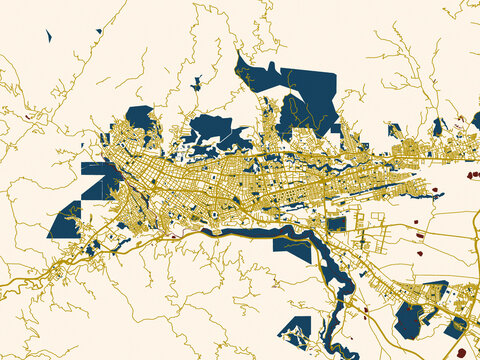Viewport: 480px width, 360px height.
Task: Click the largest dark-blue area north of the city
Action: pyautogui.click(x=300, y=95)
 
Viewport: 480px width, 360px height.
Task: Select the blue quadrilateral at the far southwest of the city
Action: pyautogui.click(x=65, y=220)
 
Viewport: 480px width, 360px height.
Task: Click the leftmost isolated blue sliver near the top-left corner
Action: pyautogui.click(x=48, y=36)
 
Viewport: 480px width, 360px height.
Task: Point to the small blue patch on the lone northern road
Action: pyautogui.click(x=196, y=83)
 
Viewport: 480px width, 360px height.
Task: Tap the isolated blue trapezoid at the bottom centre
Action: pyautogui.click(x=297, y=329)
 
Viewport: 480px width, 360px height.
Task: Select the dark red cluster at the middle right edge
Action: pyautogui.click(x=471, y=176)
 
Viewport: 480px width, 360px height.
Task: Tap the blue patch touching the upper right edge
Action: pyautogui.click(x=474, y=121)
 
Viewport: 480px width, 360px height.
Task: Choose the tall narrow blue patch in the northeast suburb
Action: pyautogui.click(x=438, y=127)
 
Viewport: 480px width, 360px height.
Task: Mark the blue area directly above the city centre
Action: pyautogui.click(x=210, y=130)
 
